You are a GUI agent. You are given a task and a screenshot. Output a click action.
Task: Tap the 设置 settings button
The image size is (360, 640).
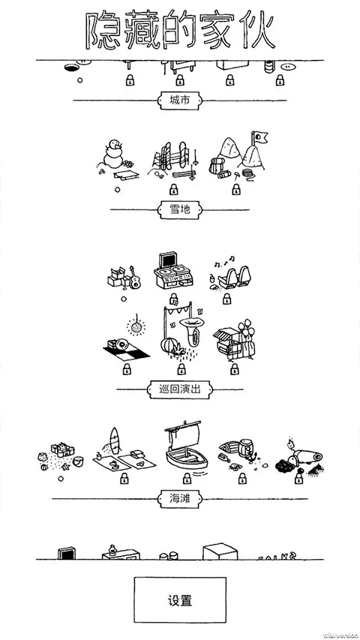click(x=179, y=601)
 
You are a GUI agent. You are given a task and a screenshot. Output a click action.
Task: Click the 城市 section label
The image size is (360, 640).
click(x=179, y=100)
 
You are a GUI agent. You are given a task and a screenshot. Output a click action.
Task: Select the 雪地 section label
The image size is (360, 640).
click(x=179, y=210)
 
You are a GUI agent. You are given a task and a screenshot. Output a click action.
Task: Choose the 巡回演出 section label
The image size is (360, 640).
click(x=179, y=389)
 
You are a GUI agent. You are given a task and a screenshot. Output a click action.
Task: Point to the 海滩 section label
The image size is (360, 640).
click(x=179, y=497)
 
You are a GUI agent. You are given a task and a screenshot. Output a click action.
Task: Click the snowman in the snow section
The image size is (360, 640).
click(x=114, y=155)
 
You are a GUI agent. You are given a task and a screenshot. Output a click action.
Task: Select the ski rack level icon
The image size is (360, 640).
click(x=173, y=159)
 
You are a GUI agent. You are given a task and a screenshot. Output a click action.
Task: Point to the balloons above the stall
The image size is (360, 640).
click(x=245, y=329)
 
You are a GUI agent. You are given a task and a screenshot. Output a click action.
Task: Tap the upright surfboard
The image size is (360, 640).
click(x=115, y=441)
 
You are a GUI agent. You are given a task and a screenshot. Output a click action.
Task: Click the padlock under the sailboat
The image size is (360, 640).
click(x=184, y=478)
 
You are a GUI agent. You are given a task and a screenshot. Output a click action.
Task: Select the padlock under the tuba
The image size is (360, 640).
click(x=180, y=370)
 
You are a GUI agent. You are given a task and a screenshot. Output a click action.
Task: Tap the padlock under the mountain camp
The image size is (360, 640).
click(x=236, y=191)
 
